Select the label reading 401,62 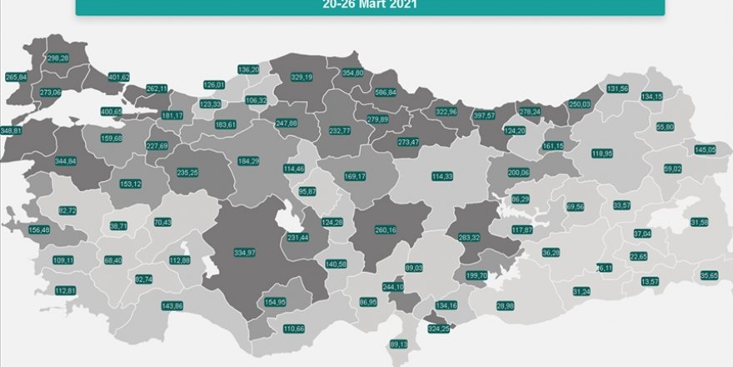[119, 78]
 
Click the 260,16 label [385, 230]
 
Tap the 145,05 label [705, 149]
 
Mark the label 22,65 [639, 256]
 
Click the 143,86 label [172, 306]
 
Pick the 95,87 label [307, 191]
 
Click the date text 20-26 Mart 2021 [371, 4]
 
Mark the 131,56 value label [618, 88]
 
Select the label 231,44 [298, 238]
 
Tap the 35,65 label [709, 274]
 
